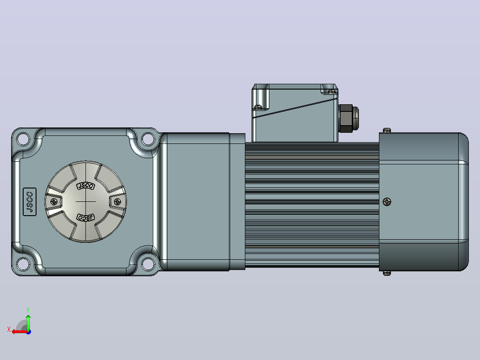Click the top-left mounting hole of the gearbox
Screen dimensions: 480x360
(x=23, y=139)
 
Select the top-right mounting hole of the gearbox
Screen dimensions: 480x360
(x=148, y=139)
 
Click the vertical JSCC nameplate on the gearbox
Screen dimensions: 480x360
(x=30, y=202)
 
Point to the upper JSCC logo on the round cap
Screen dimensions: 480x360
(x=85, y=186)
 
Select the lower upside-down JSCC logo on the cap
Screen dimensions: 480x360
(x=85, y=217)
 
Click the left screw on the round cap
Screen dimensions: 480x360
(x=54, y=201)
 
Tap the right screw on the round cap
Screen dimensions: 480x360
(x=117, y=201)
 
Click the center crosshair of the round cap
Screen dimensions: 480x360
(x=85, y=201)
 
